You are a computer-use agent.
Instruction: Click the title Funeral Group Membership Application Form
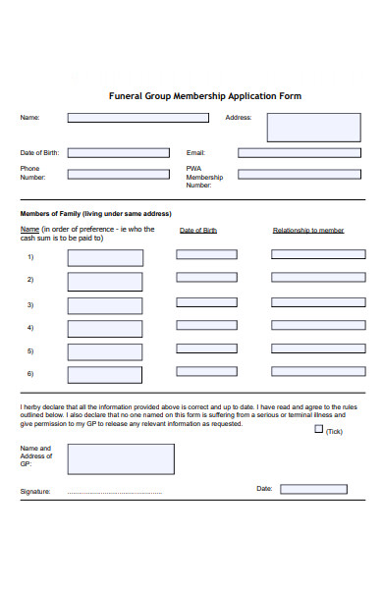coord(204,96)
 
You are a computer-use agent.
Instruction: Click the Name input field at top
coord(137,118)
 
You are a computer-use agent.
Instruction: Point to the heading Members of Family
coord(95,213)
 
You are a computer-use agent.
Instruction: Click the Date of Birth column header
coord(198,231)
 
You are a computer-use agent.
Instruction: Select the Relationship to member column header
coord(307,231)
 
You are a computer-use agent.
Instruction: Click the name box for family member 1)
coord(105,258)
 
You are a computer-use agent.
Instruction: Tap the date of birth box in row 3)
coord(206,302)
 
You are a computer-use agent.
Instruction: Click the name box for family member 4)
coord(105,328)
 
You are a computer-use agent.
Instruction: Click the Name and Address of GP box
coord(121,458)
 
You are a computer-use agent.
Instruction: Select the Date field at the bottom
coord(312,489)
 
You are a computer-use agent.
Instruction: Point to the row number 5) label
coord(30,350)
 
